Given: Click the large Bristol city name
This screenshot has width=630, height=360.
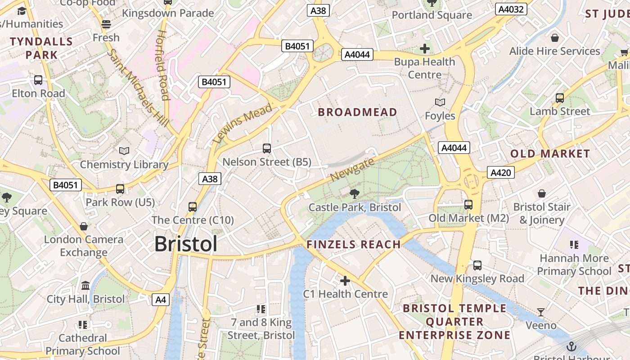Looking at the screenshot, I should click(186, 244).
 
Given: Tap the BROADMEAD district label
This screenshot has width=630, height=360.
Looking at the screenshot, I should click(358, 112).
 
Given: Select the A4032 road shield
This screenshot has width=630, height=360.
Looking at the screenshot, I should click(512, 9).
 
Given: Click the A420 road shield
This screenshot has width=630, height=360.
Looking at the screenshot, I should click(500, 172).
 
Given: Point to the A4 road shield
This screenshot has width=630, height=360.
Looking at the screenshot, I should click(161, 300).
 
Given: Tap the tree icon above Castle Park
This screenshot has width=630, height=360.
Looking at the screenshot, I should click(355, 194).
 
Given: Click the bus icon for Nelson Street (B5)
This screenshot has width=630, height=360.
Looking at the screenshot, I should click(267, 148).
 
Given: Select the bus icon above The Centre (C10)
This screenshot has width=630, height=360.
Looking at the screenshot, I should click(193, 207).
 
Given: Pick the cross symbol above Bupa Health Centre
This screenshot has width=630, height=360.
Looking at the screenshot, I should click(424, 48).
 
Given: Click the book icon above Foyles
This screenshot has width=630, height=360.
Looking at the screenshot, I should click(440, 103).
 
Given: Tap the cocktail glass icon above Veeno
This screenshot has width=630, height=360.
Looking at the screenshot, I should click(541, 312).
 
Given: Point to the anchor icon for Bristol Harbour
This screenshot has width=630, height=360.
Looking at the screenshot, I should click(571, 346).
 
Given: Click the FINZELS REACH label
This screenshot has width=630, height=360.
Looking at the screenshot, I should click(353, 244).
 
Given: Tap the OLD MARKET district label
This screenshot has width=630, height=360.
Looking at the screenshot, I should click(550, 154).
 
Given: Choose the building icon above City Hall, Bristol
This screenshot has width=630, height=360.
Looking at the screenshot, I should click(85, 286).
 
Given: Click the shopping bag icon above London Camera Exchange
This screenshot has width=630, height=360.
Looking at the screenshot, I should click(83, 226).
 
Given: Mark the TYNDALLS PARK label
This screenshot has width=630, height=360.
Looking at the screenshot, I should click(41, 48).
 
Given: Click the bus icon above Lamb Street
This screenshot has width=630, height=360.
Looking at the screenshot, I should click(560, 98).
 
